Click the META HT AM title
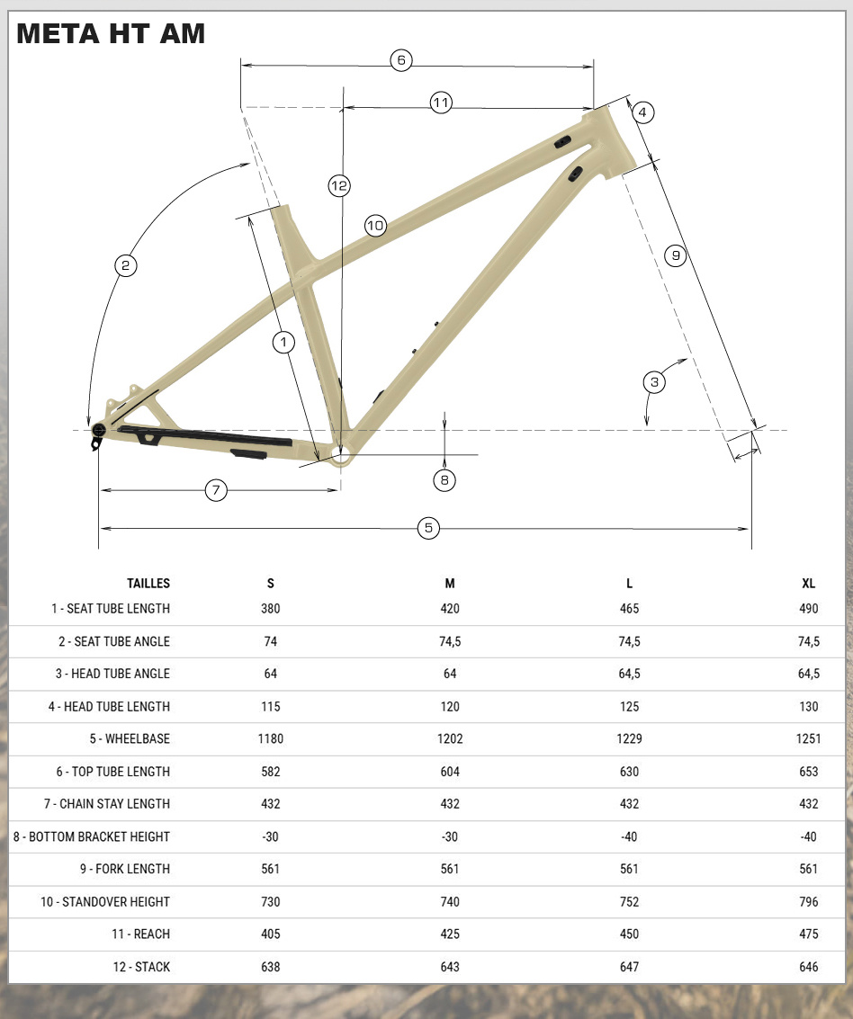point(111,34)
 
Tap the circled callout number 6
point(401,60)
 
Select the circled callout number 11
point(440,103)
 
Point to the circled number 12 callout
point(338,186)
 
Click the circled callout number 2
point(126,265)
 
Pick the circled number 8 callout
point(444,480)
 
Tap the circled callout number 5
point(428,528)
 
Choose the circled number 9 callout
point(676,255)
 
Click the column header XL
point(808,584)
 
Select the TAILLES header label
point(148,584)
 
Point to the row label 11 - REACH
point(140,934)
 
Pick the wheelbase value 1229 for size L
point(629,739)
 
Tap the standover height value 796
point(808,902)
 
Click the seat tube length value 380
point(271,609)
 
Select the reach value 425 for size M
point(450,934)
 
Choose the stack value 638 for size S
point(271,967)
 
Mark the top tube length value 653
point(808,772)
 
